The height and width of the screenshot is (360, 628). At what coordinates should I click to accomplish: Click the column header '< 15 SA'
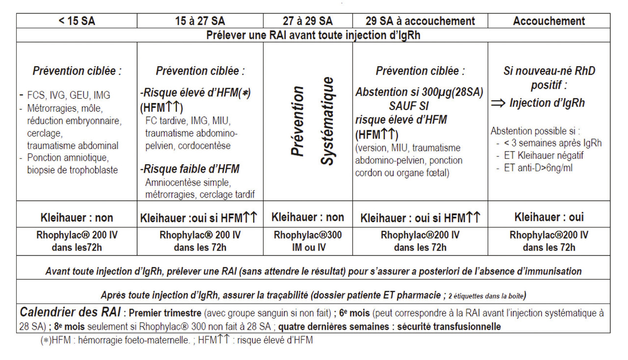pos(77,21)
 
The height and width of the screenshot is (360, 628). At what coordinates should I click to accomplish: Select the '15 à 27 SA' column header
pos(200,21)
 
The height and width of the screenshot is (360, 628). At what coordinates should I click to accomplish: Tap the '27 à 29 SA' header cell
pos(308,21)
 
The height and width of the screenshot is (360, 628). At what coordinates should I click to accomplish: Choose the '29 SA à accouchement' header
pos(420,21)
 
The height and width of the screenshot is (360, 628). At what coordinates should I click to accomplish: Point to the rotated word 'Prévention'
pos(297,121)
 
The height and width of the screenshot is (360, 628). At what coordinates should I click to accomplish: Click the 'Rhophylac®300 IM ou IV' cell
pos(308,241)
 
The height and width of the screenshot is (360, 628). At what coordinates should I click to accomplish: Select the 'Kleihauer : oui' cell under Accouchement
pos(549,217)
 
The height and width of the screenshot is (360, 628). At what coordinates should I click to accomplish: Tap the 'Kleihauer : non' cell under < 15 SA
pos(77,217)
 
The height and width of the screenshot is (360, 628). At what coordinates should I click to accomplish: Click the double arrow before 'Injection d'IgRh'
pos(498,103)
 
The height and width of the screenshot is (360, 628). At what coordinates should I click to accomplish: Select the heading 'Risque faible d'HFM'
pos(190,170)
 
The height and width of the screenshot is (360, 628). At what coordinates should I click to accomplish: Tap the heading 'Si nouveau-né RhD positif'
pos(549,78)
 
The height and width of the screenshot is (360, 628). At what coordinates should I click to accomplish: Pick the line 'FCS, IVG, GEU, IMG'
pos(69,96)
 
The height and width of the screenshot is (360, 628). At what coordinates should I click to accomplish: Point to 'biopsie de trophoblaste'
pos(73,170)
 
